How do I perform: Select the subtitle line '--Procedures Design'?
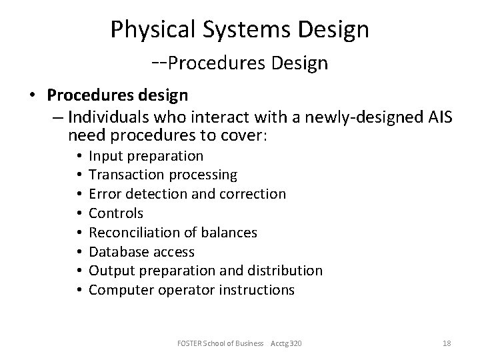pyautogui.click(x=240, y=63)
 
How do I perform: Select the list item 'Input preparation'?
pyautogui.click(x=146, y=156)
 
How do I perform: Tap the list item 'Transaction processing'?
pyautogui.click(x=163, y=175)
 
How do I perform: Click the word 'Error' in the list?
pyautogui.click(x=104, y=194)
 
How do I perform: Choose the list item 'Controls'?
pyautogui.click(x=116, y=213)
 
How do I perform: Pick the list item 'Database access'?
pyautogui.click(x=142, y=251)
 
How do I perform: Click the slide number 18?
pyautogui.click(x=447, y=343)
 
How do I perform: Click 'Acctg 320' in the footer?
pyautogui.click(x=301, y=343)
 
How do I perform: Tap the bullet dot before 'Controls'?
pyautogui.click(x=79, y=213)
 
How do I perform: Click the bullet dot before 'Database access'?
pyautogui.click(x=79, y=252)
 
